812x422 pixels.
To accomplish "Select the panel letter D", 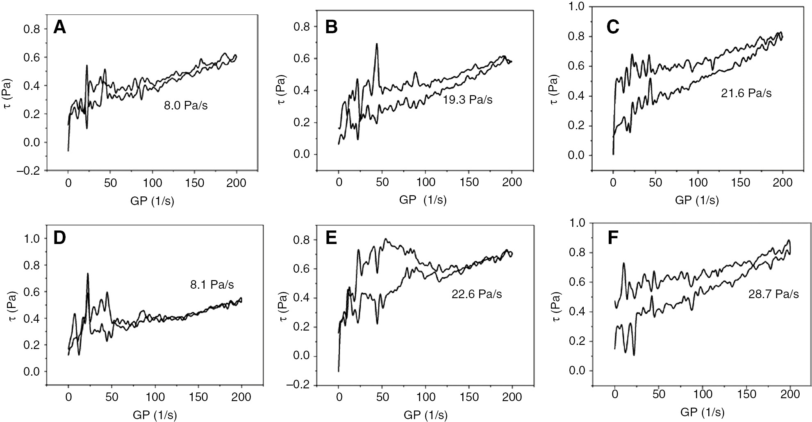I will [x=60, y=238].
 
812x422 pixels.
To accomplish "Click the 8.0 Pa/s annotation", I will [x=185, y=106].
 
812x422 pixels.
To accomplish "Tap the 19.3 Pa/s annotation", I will [x=467, y=100].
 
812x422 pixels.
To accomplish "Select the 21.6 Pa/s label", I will [x=746, y=94].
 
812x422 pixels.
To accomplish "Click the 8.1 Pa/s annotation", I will [x=212, y=285].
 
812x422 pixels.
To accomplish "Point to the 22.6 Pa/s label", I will [x=476, y=294].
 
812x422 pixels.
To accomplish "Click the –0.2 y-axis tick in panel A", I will [x=29, y=171].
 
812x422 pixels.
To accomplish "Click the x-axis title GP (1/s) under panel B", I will [x=423, y=200].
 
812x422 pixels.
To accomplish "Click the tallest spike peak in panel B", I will [x=376, y=44].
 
